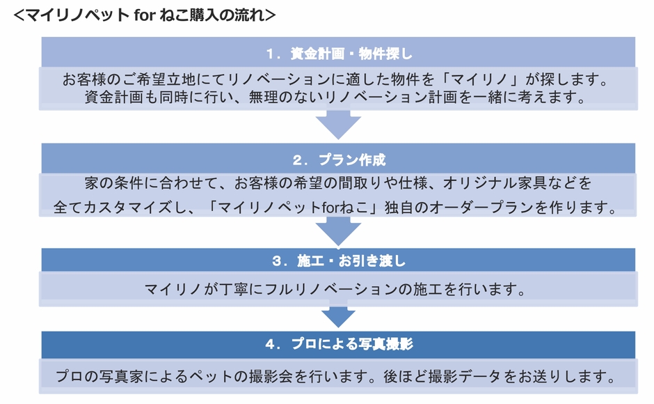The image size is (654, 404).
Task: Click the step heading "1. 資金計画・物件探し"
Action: [x=339, y=53]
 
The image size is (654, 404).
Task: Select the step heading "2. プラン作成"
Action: [x=339, y=160]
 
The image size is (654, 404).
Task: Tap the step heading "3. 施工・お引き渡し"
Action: [x=339, y=261]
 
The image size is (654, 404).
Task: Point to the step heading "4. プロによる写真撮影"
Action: [x=339, y=344]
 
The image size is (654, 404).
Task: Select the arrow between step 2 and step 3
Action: [x=339, y=231]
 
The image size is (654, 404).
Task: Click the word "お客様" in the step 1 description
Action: [x=83, y=79]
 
